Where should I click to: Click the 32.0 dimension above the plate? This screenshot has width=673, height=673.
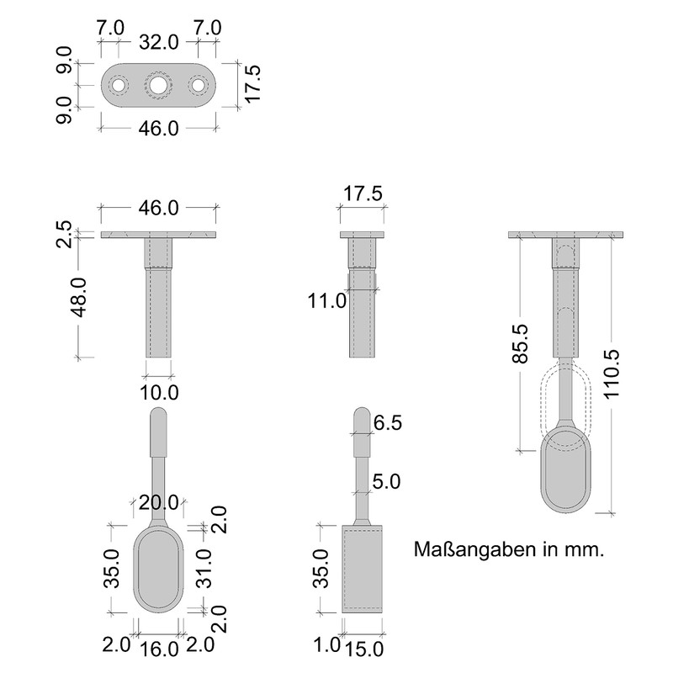pos(158,43)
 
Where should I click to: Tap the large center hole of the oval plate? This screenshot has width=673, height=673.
pos(158,85)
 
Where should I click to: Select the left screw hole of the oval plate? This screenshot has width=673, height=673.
pos(118,85)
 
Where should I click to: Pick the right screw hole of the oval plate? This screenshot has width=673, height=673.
pos(198,85)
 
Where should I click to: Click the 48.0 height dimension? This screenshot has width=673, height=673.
pos(80,297)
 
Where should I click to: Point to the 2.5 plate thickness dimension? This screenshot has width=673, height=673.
pos(64,234)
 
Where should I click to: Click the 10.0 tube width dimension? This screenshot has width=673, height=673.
pos(159,392)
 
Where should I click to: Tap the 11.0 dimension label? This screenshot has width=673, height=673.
pos(326,301)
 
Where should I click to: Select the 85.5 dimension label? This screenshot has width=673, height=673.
pos(520,343)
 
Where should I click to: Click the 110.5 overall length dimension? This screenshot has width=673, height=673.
pos(612,374)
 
